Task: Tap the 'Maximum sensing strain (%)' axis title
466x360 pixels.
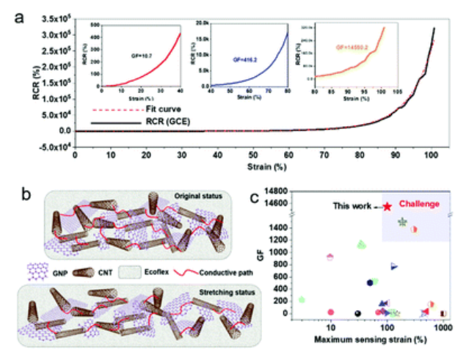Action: point(367,341)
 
